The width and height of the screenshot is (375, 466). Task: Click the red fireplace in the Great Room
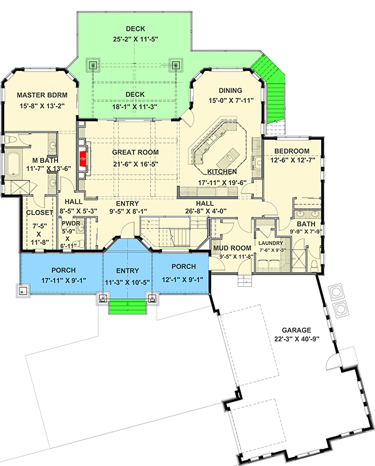83,159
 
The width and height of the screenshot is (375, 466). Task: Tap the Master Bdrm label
42,95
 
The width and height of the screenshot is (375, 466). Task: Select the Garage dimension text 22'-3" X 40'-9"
297,339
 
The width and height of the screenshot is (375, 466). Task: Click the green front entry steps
127,307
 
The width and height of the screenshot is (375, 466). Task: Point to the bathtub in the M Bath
13,164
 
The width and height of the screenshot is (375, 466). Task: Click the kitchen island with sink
228,158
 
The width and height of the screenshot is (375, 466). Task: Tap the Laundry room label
271,243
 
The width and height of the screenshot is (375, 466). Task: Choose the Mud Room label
232,248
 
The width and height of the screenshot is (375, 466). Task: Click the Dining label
230,91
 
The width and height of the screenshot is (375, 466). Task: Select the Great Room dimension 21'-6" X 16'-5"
136,164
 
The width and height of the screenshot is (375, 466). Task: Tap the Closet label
40,212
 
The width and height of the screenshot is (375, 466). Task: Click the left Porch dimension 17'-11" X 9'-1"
63,280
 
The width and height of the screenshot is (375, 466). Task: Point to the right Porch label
183,266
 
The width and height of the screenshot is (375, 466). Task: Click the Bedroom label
292,151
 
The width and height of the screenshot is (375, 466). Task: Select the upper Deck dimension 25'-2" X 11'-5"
136,39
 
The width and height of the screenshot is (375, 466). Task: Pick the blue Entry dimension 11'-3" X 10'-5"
127,283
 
